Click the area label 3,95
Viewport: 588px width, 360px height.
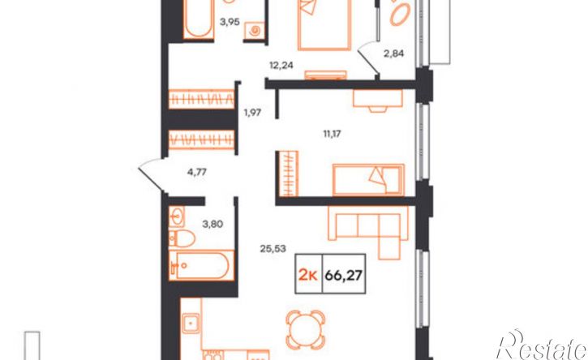coord(230,22)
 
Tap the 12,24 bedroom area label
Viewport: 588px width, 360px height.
coord(281,65)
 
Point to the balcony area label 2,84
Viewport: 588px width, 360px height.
coord(393,54)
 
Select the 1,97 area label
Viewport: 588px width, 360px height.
coord(252,112)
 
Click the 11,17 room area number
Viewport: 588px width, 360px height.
coord(332,133)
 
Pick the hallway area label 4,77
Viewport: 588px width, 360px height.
coord(197,173)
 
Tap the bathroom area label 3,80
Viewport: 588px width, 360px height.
coord(212,225)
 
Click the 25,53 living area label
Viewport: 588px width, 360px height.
coord(273,248)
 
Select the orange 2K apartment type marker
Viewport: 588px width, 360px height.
coord(308,276)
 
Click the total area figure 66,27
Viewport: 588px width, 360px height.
coord(344,276)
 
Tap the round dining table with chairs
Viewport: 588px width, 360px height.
coord(305,330)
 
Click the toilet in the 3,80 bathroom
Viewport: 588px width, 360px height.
coord(182,238)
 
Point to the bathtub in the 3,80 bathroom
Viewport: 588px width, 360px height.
coord(202,265)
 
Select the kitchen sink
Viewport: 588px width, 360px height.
coord(191,324)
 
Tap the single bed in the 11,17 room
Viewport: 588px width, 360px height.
coord(368,180)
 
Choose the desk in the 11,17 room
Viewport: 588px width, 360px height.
coord(378,100)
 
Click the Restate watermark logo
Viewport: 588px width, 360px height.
coord(541,345)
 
